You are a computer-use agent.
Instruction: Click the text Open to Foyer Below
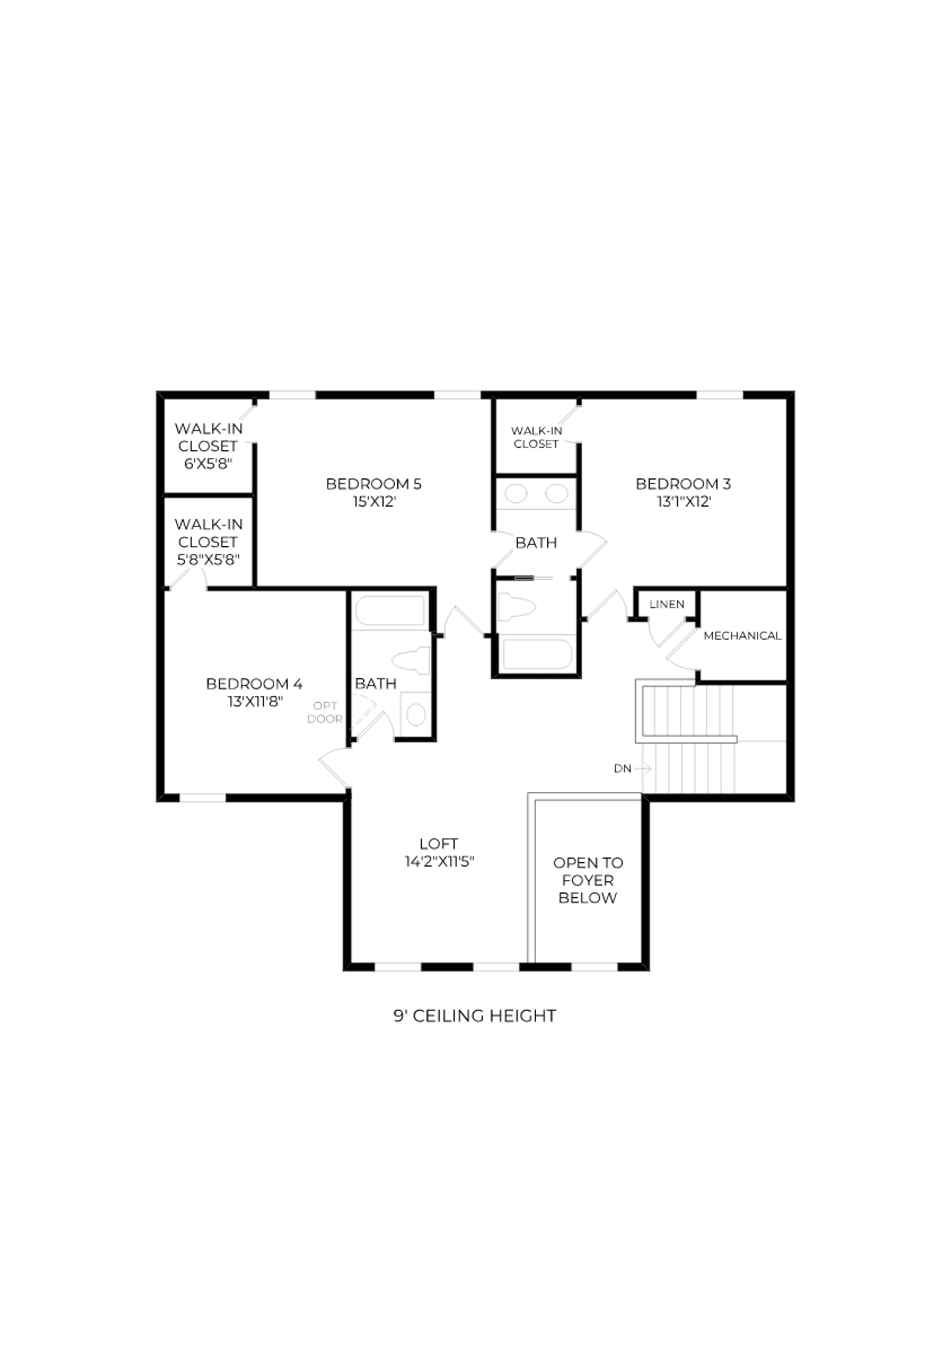pyautogui.click(x=588, y=880)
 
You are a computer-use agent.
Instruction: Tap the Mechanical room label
pyautogui.click(x=742, y=635)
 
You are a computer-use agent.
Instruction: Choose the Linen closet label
pyautogui.click(x=666, y=604)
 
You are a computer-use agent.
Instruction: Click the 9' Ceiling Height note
pyautogui.click(x=475, y=1016)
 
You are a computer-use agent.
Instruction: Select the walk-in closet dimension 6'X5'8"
pyautogui.click(x=208, y=464)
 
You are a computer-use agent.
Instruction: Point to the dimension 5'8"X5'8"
pyautogui.click(x=208, y=560)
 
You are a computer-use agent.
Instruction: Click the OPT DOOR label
pyautogui.click(x=325, y=713)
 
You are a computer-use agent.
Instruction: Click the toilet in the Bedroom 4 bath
pyautogui.click(x=411, y=661)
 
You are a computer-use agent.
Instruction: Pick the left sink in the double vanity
pyautogui.click(x=516, y=494)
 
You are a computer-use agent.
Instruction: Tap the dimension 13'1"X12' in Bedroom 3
pyautogui.click(x=684, y=502)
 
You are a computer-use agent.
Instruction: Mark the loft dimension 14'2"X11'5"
pyautogui.click(x=439, y=862)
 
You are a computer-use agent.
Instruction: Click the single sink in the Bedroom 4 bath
pyautogui.click(x=416, y=715)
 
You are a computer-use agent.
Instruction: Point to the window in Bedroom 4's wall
pyautogui.click(x=203, y=798)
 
